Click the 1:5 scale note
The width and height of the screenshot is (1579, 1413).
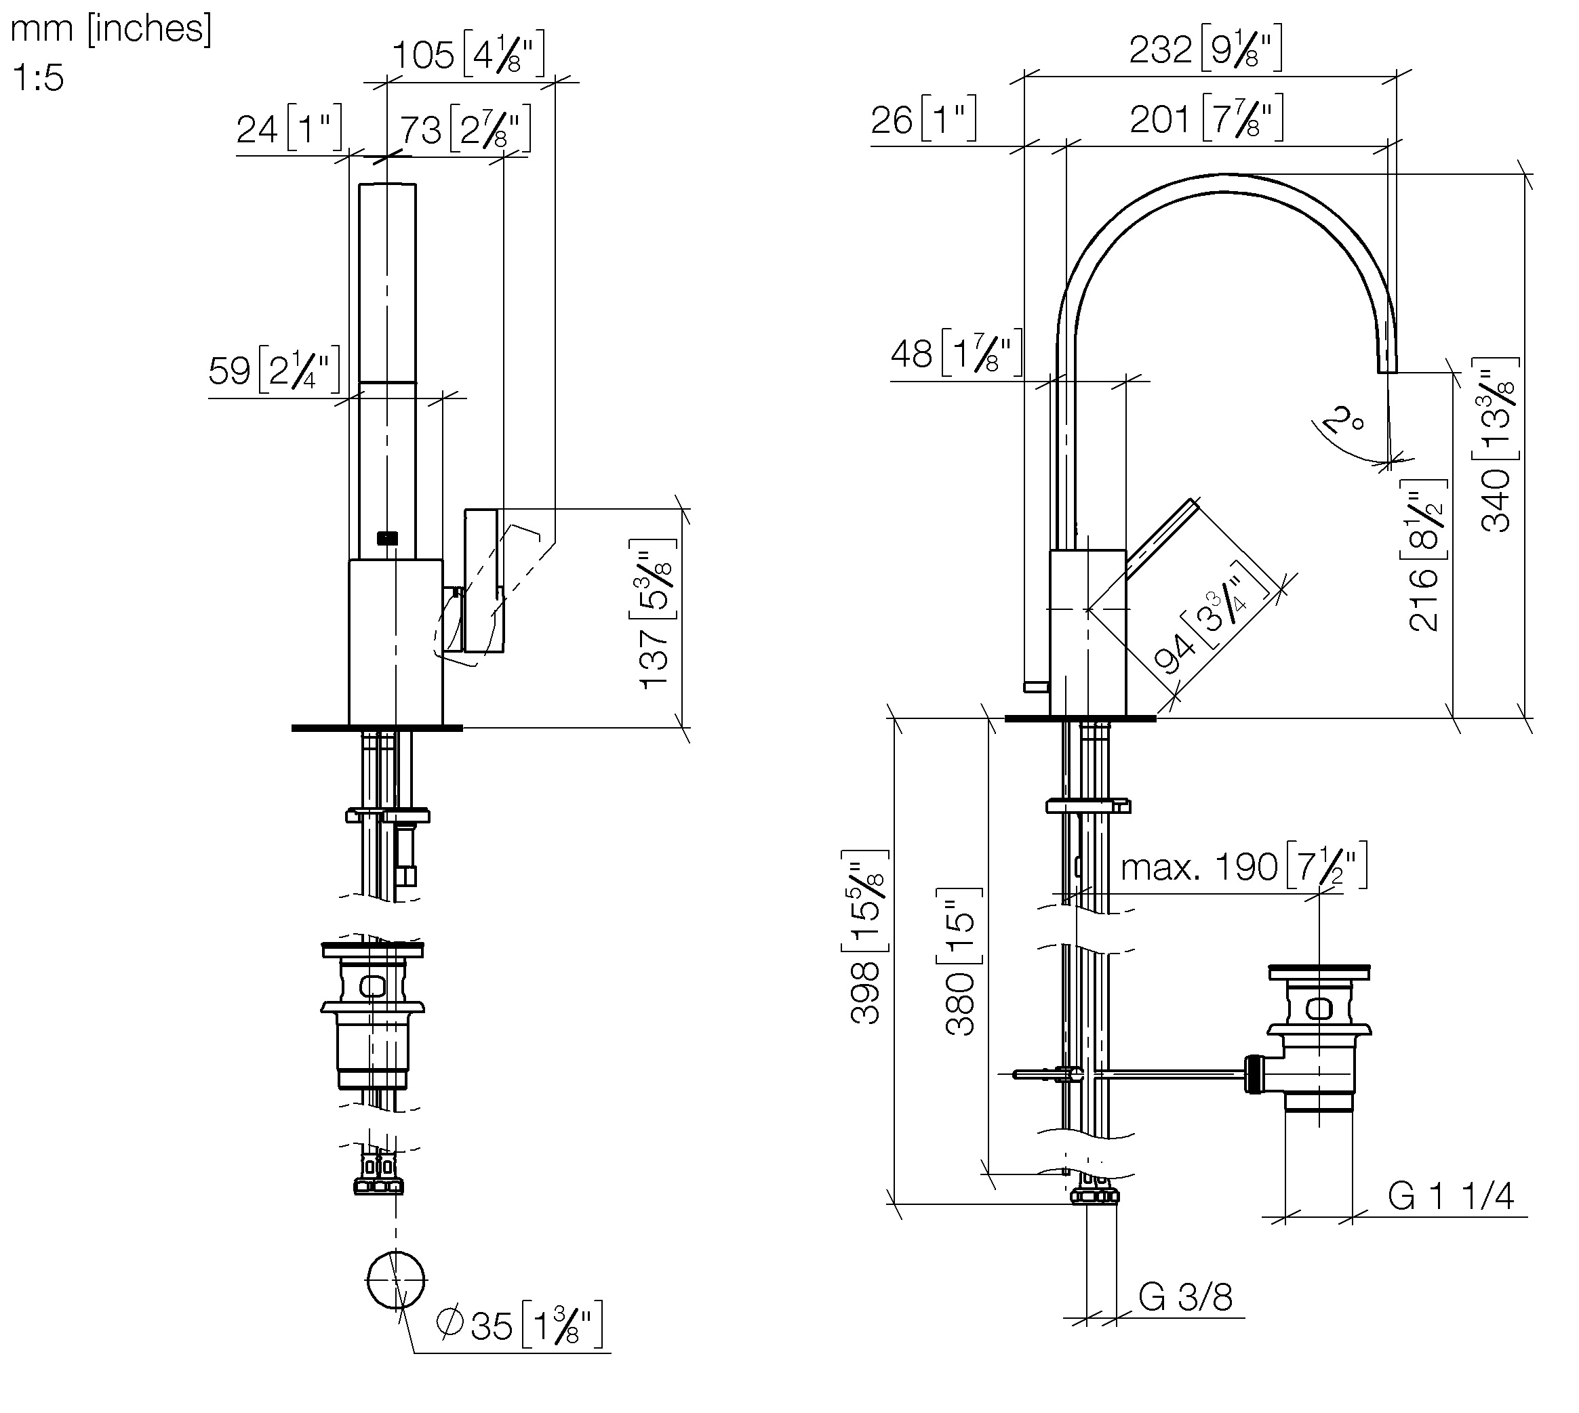tap(37, 78)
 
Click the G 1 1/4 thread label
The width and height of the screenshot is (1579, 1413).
tap(1450, 1196)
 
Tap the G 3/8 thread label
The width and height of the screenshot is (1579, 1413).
tap(1185, 1297)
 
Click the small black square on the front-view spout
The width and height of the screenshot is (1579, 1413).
tap(387, 537)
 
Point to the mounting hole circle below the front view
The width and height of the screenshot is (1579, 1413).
tap(396, 1280)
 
